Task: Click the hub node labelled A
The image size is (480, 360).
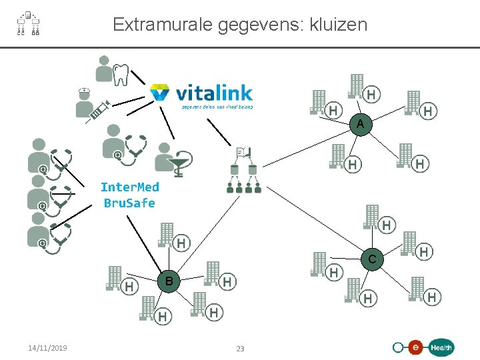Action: pyautogui.click(x=360, y=125)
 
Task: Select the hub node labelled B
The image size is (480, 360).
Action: pyautogui.click(x=169, y=281)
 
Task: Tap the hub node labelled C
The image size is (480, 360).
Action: pyautogui.click(x=373, y=259)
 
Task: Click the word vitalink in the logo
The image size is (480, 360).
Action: pyautogui.click(x=213, y=92)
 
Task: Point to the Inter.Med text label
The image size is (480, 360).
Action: pyautogui.click(x=129, y=187)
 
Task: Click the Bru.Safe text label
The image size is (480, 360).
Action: pyautogui.click(x=129, y=203)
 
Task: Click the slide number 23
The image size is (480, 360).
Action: pyautogui.click(x=241, y=349)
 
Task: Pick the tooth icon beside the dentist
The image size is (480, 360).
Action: pyautogui.click(x=121, y=74)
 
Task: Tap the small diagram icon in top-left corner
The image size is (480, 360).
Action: pyautogui.click(x=28, y=24)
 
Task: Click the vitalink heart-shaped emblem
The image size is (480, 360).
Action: pyautogui.click(x=160, y=92)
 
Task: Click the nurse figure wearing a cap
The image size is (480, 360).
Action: pyautogui.click(x=85, y=101)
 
